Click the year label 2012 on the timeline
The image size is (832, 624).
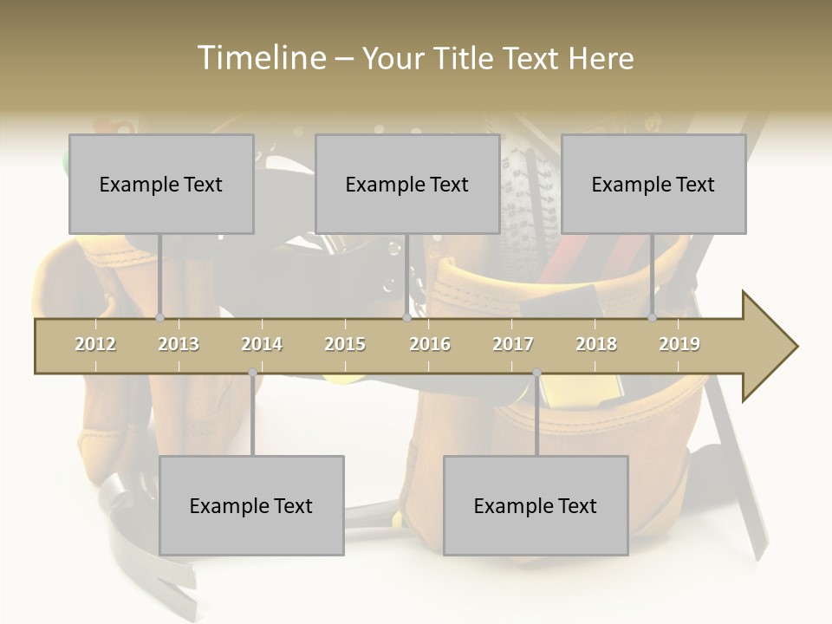(x=95, y=344)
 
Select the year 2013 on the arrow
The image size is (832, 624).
(x=179, y=344)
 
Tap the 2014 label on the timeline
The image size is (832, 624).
(x=262, y=344)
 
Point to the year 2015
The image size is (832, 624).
(x=345, y=344)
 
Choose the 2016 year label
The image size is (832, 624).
(x=430, y=344)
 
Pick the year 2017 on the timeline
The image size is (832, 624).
(x=513, y=344)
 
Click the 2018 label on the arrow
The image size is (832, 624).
(x=596, y=344)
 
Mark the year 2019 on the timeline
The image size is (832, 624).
(x=679, y=344)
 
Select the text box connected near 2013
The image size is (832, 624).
(x=161, y=184)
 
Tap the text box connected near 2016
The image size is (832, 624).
(x=407, y=184)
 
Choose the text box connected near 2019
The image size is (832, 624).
(x=653, y=184)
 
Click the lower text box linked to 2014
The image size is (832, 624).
(x=251, y=505)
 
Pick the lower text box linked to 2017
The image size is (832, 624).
(x=536, y=505)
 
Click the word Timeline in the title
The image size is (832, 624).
(x=260, y=58)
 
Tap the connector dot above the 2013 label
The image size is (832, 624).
(x=160, y=317)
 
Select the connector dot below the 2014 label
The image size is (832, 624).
(x=252, y=373)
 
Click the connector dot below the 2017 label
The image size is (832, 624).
(x=536, y=373)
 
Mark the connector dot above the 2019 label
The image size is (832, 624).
(x=653, y=317)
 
